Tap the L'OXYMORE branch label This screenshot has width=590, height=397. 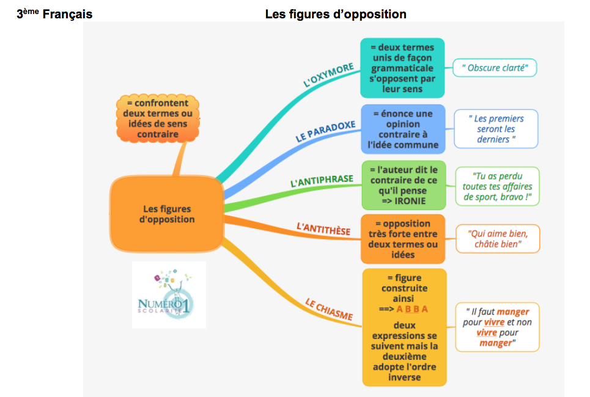click(328, 75)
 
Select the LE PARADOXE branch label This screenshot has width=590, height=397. click(325, 131)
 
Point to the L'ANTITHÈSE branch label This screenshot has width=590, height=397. click(323, 230)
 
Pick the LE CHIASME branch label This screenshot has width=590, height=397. click(329, 310)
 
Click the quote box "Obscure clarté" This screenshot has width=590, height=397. click(495, 68)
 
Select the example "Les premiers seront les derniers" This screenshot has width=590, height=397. click(496, 129)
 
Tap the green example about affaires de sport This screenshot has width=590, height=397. click(497, 186)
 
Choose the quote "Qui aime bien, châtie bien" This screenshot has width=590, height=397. click(498, 238)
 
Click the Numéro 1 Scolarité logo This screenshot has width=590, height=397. click(169, 295)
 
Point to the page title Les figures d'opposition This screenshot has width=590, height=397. click(336, 14)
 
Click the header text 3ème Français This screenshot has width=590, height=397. click(55, 14)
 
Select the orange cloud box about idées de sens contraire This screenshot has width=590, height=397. click(158, 118)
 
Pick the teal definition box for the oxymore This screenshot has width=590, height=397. click(402, 68)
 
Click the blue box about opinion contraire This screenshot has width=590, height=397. click(402, 129)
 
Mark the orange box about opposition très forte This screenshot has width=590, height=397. click(402, 239)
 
